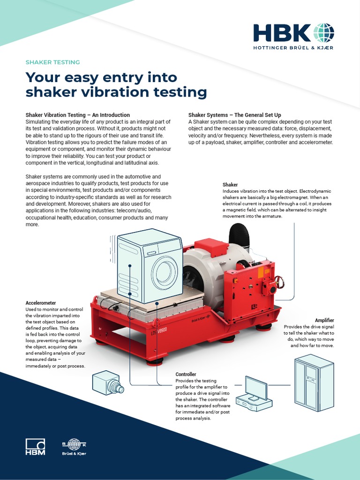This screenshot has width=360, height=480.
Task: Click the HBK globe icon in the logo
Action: [324, 33]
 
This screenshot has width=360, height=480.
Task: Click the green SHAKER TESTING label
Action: [52, 62]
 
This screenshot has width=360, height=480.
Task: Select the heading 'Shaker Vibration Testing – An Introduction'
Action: [77, 115]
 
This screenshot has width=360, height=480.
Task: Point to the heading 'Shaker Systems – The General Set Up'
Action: [241, 115]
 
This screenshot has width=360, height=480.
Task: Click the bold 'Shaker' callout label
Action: [230, 185]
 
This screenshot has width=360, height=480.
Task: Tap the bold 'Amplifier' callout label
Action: [324, 320]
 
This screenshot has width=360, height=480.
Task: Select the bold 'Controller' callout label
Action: [186, 375]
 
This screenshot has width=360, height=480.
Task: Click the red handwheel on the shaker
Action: [280, 283]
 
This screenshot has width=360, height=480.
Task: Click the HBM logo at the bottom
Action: [35, 446]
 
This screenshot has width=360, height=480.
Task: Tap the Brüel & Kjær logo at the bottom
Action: [74, 447]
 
